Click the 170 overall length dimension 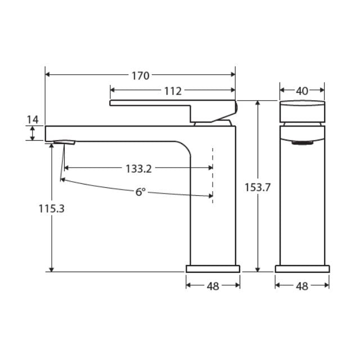pos(141,75)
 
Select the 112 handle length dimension pos(173,90)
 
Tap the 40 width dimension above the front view pos(302,90)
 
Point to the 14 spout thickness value pos(32,119)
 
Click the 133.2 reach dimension pos(138,168)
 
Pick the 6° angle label pos(140,192)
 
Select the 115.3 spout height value pos(52,209)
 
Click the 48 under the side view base pos(213,286)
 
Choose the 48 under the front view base pos(302,286)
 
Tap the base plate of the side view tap pos(213,268)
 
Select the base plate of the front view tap pos(302,268)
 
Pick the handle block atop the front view pos(302,110)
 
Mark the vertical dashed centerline pos(213,174)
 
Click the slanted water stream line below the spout pos(58,163)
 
